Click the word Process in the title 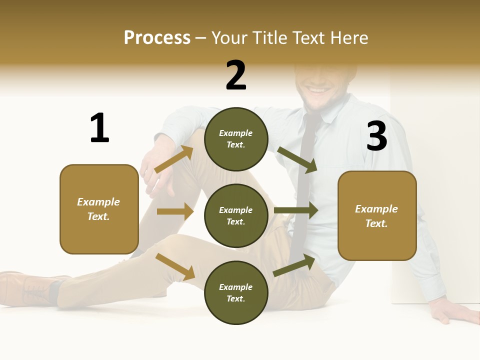(x=157, y=37)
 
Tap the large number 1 (x=99, y=128)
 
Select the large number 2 (x=236, y=75)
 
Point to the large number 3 (x=376, y=136)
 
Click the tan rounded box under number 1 (x=99, y=209)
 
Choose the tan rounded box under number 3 (x=377, y=215)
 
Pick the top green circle (x=236, y=139)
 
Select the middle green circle (x=236, y=215)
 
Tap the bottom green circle (x=236, y=292)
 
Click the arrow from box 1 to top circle (x=174, y=159)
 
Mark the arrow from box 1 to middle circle (x=175, y=211)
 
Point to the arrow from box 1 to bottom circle (x=175, y=266)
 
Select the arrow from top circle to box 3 (x=297, y=159)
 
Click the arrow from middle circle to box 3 (x=296, y=210)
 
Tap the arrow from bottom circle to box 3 (x=294, y=265)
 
